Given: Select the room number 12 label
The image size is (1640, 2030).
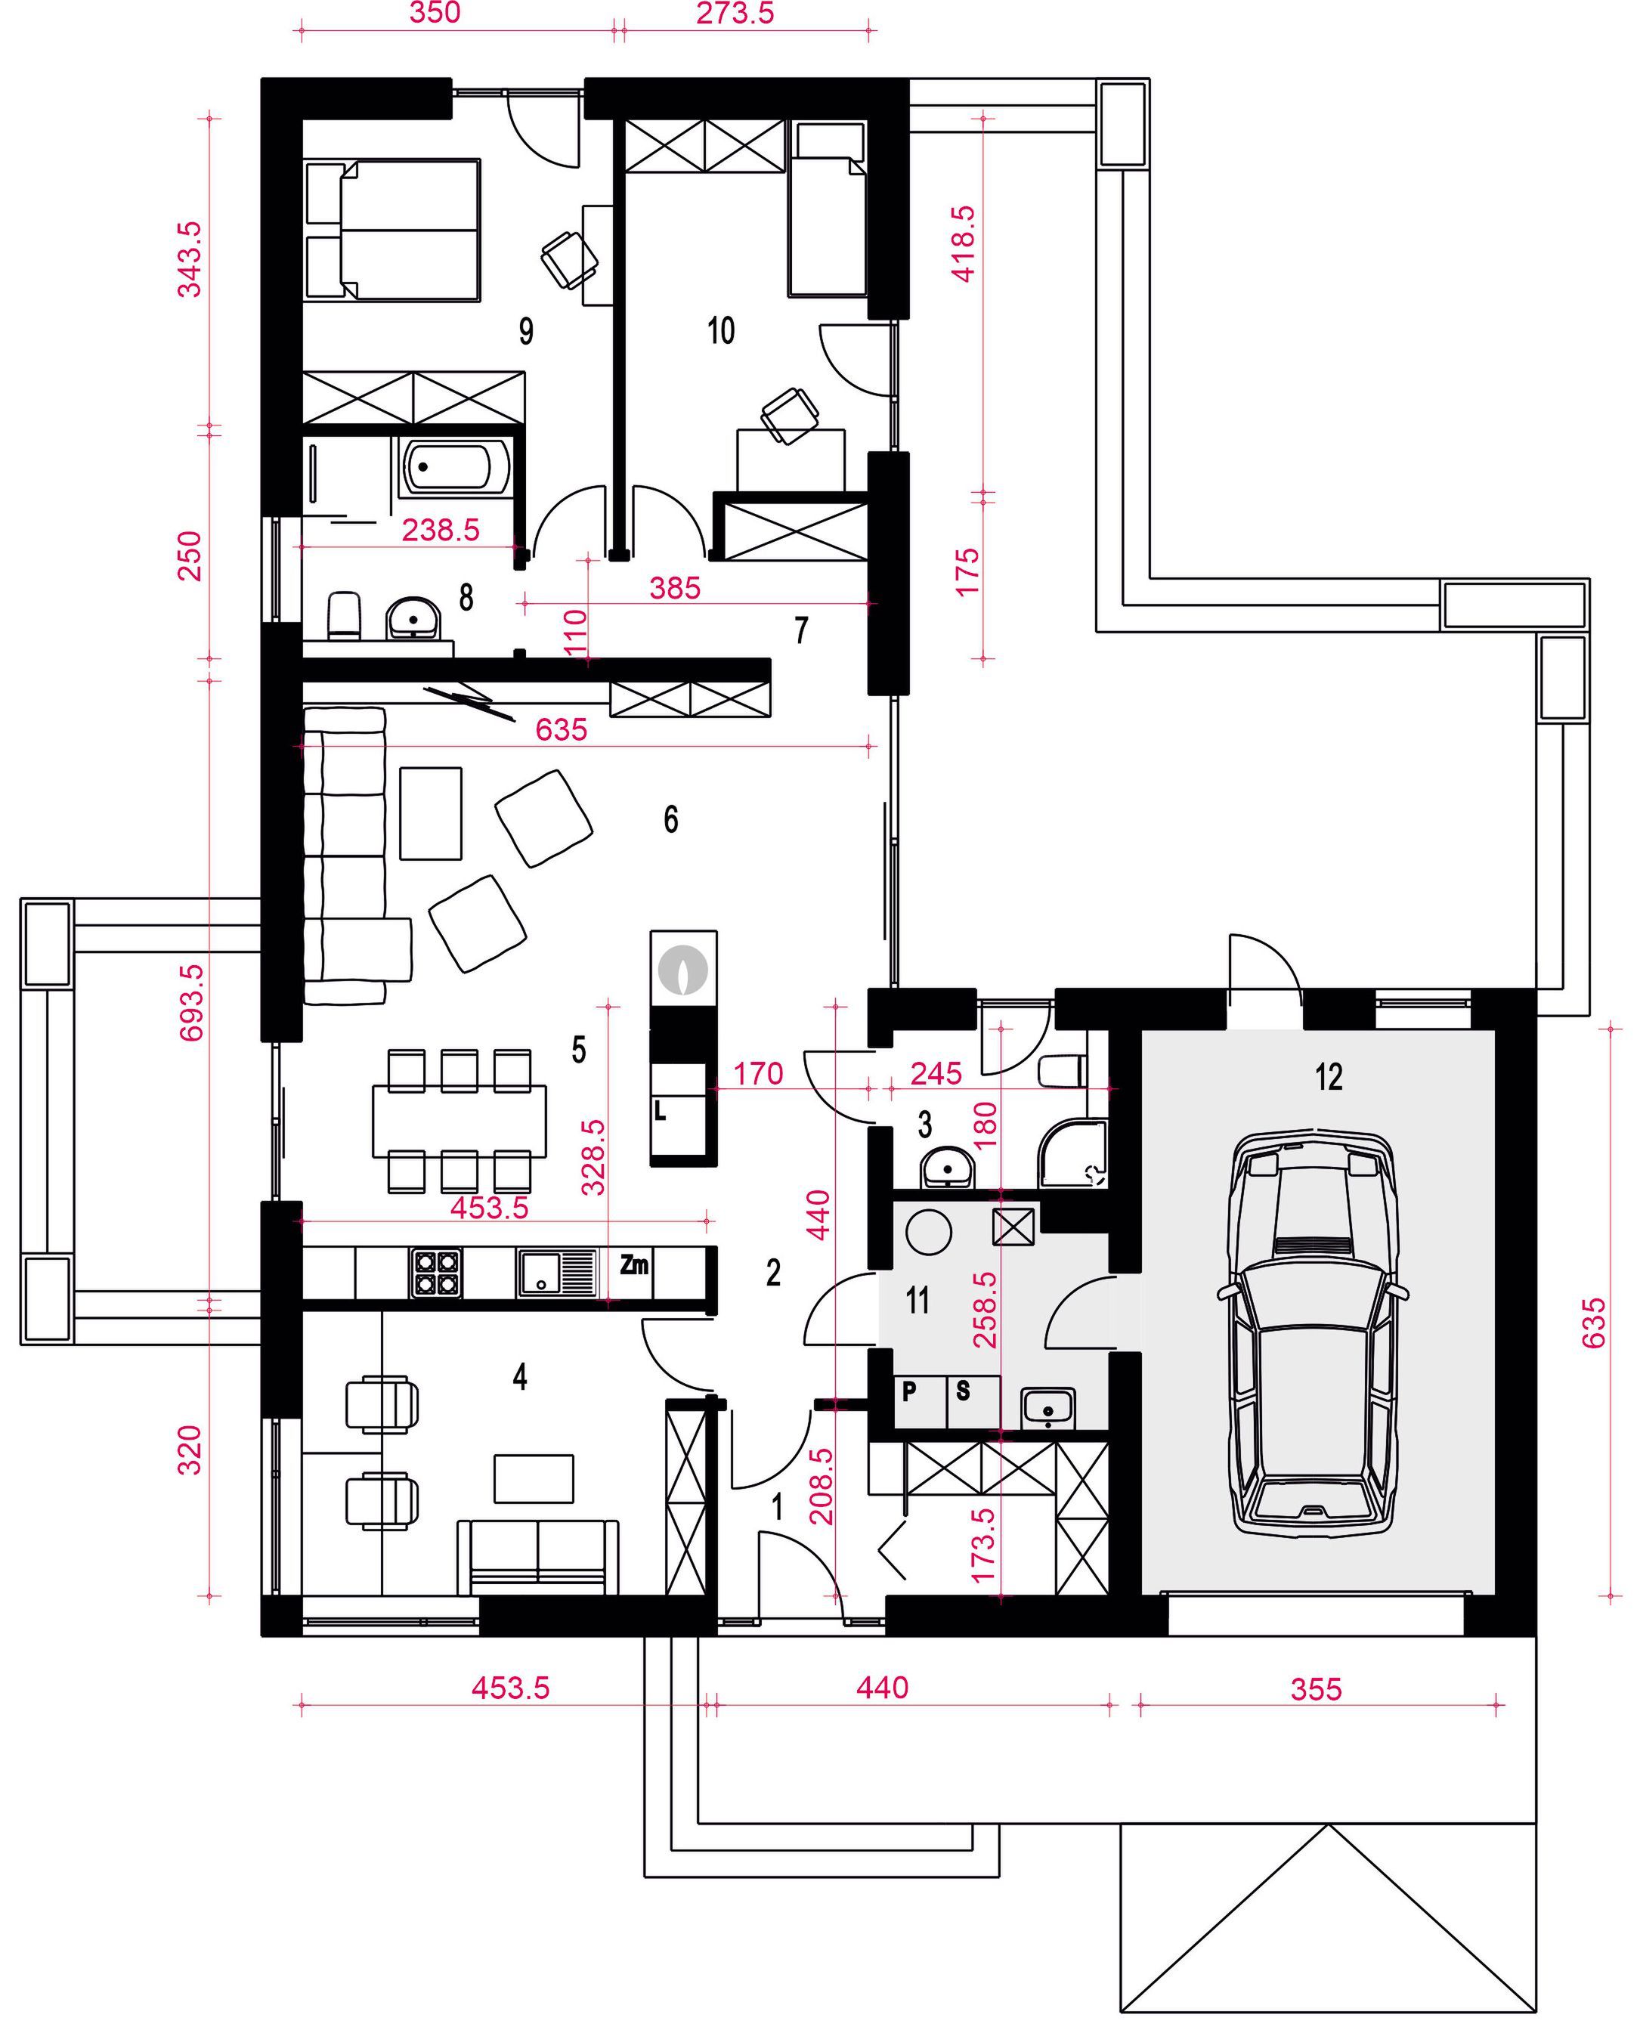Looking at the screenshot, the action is point(1329,1077).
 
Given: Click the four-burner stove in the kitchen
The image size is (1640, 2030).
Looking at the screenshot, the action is point(435,1273).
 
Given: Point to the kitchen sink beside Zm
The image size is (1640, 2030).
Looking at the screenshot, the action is point(559,1273).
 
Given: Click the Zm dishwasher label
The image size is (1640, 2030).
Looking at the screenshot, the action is point(634,1264).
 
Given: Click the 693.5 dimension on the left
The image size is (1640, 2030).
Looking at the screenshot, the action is point(190,1002).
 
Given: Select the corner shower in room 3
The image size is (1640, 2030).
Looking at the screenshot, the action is point(1073,1153).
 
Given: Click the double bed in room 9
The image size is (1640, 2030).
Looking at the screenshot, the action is point(393,231).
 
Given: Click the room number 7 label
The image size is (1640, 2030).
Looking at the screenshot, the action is point(801,630).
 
